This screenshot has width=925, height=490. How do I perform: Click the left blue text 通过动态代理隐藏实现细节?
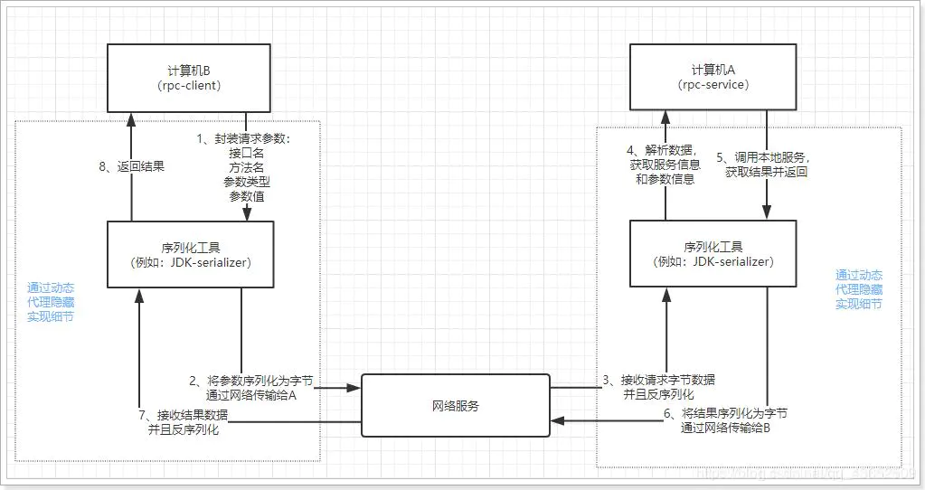coord(51,302)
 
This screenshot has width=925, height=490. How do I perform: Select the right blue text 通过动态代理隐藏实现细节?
coord(859,289)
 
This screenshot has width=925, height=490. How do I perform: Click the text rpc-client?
coord(189,87)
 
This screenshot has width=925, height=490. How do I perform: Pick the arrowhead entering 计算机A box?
coord(665,117)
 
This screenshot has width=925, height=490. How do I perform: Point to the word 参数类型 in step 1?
coord(247,182)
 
